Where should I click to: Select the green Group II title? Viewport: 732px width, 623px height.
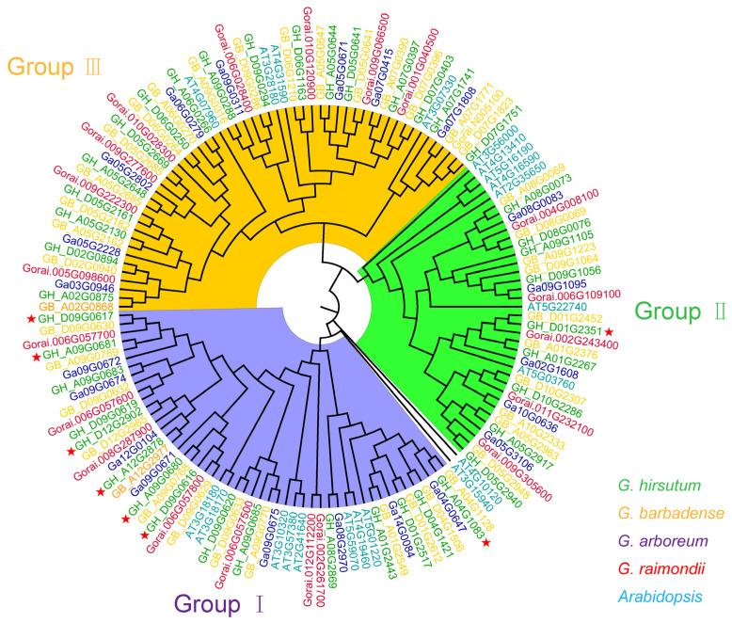[679, 312]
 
